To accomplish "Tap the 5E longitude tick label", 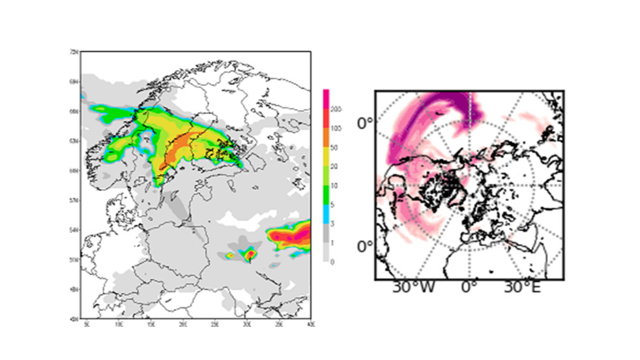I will click(x=87, y=324).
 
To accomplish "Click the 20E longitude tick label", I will click(x=183, y=324).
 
